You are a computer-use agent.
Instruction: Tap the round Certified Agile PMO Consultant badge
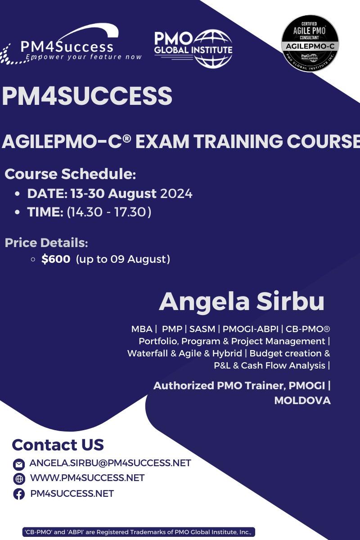[310, 43]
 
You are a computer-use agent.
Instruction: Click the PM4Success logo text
[67, 47]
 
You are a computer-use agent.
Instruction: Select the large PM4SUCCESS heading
[87, 96]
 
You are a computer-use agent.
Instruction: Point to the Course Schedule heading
[70, 174]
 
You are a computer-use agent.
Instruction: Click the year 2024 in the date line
[176, 193]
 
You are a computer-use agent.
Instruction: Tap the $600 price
[56, 259]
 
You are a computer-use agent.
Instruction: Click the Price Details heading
[46, 243]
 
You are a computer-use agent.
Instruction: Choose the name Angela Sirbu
[242, 301]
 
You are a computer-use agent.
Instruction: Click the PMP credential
[171, 329]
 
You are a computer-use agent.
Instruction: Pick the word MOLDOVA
[302, 400]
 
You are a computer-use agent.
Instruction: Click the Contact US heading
[58, 445]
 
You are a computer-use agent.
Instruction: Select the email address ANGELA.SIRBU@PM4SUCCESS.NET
[110, 463]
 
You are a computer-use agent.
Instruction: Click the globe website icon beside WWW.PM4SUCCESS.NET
[19, 479]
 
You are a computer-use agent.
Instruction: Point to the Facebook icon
[19, 494]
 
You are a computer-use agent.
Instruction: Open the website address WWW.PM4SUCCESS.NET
[87, 478]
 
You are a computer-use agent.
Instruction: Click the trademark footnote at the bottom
[139, 532]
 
